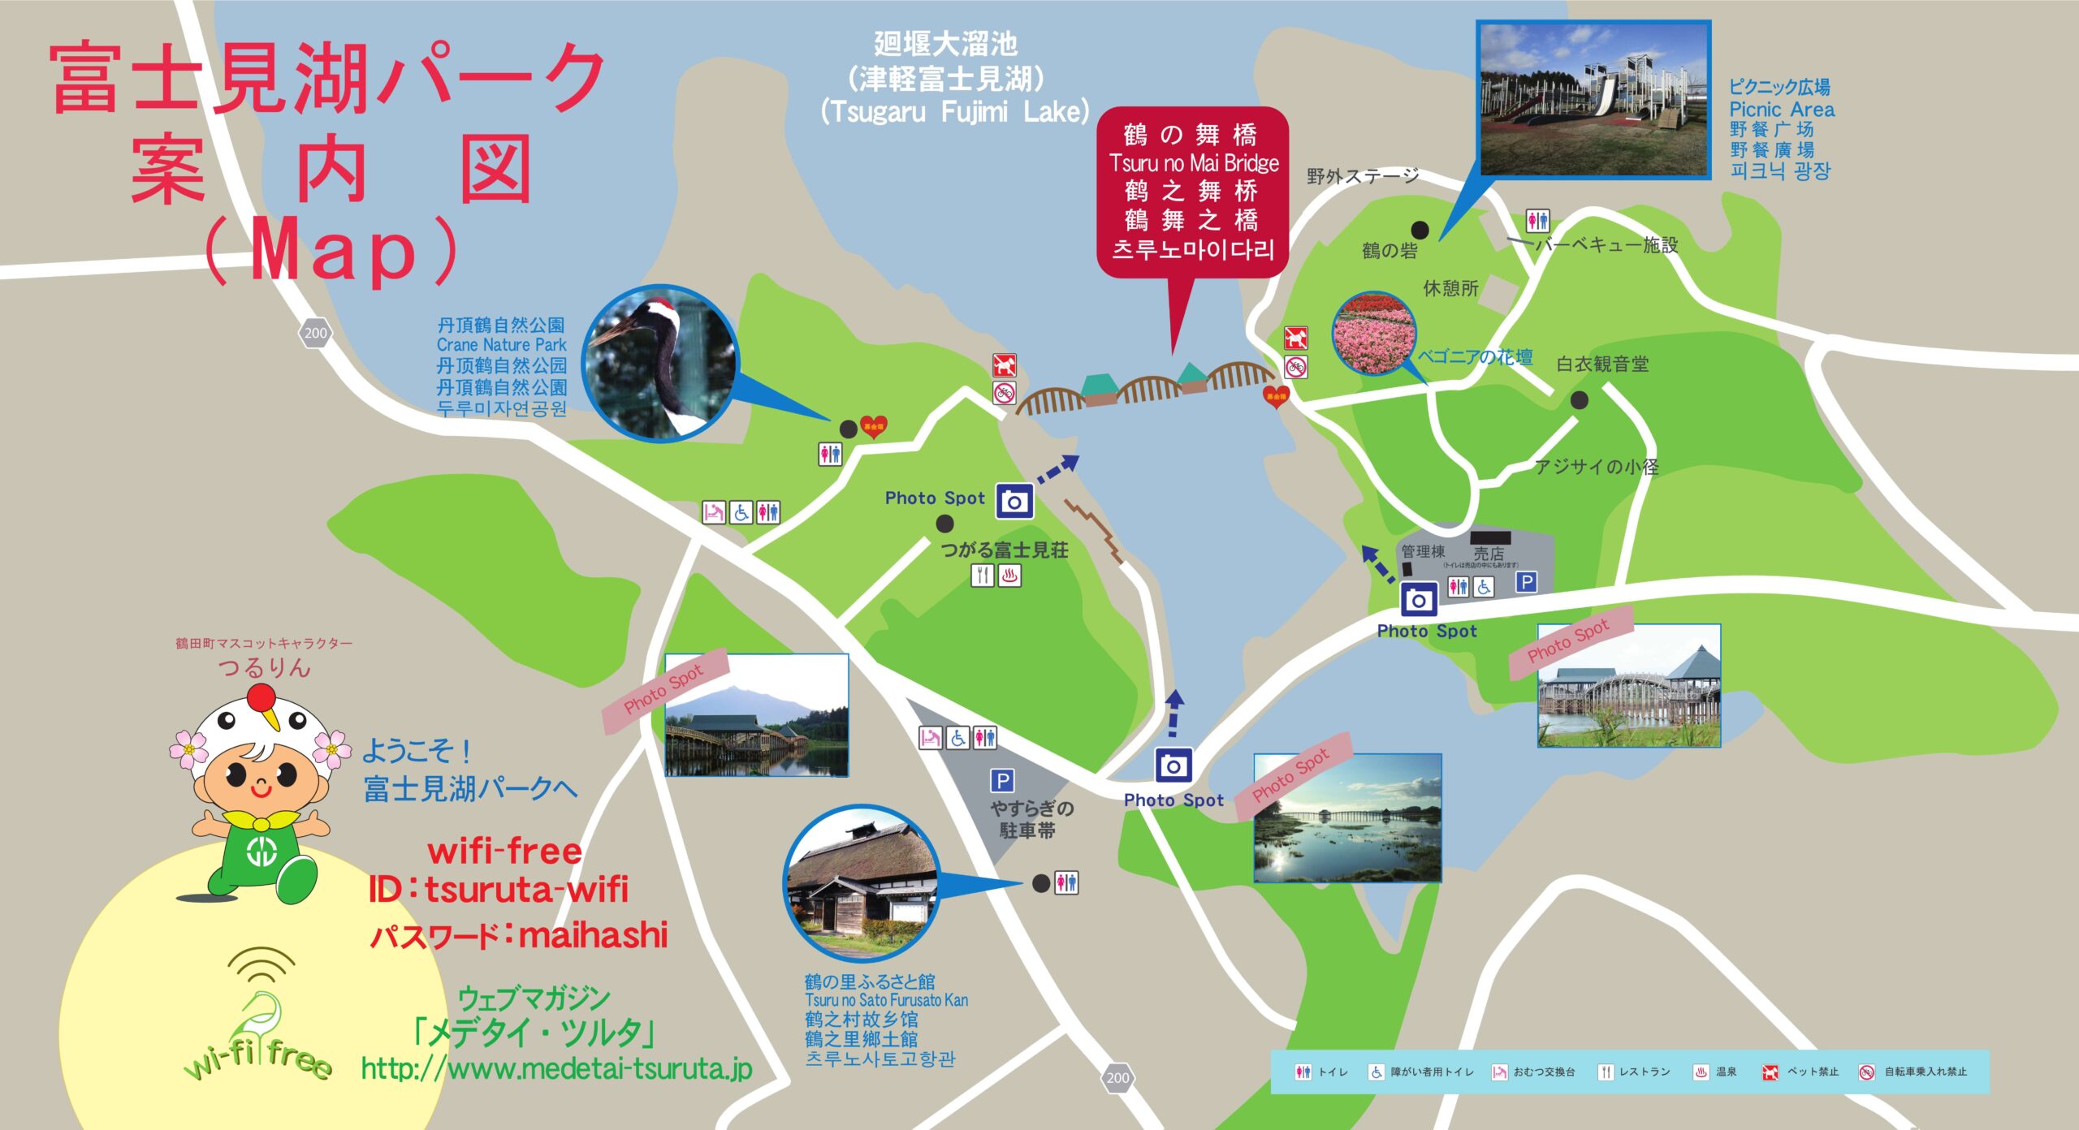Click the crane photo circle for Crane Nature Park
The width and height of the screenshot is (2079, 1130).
[659, 363]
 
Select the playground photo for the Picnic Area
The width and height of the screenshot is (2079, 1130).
[1594, 100]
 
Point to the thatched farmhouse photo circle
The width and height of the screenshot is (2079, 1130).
[862, 882]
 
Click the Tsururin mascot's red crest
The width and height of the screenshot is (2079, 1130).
[261, 697]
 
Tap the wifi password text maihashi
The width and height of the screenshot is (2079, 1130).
[593, 935]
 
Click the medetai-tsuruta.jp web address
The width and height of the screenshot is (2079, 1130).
[557, 1068]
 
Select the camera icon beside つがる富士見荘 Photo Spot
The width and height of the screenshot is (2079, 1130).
[1014, 502]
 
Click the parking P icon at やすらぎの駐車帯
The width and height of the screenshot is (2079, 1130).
[1002, 781]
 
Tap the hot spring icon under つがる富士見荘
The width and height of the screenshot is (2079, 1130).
[1009, 576]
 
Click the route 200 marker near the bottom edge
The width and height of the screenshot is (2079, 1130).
[1117, 1077]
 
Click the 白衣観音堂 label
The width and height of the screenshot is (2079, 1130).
[1601, 364]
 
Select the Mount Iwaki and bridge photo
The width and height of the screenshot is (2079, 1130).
[757, 715]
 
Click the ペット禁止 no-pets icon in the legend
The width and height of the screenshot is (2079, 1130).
[1770, 1072]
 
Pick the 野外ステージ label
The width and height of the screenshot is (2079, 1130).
[1363, 176]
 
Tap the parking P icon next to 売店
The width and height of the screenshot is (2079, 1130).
[1527, 582]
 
